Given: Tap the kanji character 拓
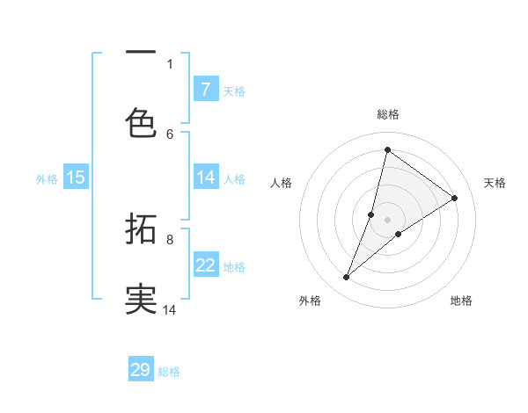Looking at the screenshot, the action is point(141,230).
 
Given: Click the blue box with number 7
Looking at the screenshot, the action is point(205,90).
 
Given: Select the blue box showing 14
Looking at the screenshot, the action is point(205,178).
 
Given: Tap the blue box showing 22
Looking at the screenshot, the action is point(205,265).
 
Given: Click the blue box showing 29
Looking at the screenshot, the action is point(141,370).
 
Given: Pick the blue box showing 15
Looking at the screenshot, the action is point(76,178).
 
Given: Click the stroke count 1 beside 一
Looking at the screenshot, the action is point(170,63).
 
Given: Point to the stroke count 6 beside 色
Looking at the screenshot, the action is point(170,134).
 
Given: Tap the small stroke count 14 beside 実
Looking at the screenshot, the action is point(170,309).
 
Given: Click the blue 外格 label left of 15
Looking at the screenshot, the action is point(47,178).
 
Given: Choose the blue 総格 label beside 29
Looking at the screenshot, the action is point(169,372).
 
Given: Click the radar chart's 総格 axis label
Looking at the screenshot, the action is point(387,114).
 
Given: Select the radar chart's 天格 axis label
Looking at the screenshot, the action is point(495,183).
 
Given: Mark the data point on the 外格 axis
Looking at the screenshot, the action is point(347,278).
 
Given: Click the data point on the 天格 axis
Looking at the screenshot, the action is point(454,199).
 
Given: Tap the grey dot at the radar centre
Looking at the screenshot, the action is point(387,219).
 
